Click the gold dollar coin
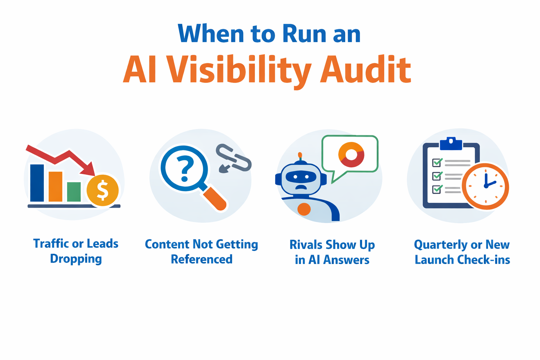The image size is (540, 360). pyautogui.click(x=103, y=190)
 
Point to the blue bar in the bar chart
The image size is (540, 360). pyautogui.click(x=37, y=182)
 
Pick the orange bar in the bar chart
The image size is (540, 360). pyautogui.click(x=56, y=186)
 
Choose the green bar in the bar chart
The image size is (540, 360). pyautogui.click(x=74, y=192)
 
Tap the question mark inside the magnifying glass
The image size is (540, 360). pyautogui.click(x=184, y=169)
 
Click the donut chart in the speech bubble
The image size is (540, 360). pyautogui.click(x=351, y=154)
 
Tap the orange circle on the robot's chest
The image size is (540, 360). pyautogui.click(x=304, y=209)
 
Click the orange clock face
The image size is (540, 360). pyautogui.click(x=486, y=186)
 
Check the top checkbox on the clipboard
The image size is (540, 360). pyautogui.click(x=437, y=162)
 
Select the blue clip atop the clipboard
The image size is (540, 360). pyautogui.click(x=451, y=143)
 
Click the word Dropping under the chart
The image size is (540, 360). pyautogui.click(x=76, y=259)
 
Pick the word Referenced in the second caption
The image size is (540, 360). pyautogui.click(x=201, y=259)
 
